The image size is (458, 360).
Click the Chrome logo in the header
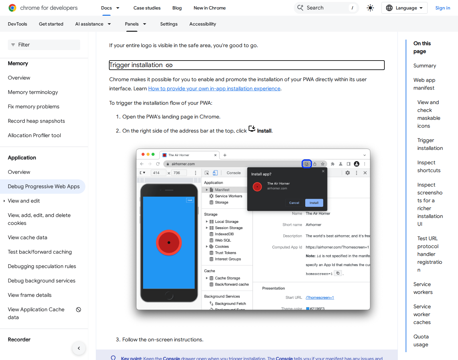pos(12,8)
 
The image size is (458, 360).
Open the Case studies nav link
pos(147,8)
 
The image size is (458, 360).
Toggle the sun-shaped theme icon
pos(370,8)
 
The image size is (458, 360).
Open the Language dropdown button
pos(404,8)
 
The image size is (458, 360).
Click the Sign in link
pos(443,8)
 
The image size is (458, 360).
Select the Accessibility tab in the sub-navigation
pos(203,24)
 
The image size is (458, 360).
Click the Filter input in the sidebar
pos(44,45)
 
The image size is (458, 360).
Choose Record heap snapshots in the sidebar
pos(36,121)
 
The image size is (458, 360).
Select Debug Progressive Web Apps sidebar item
pos(44,187)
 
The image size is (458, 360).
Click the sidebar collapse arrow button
pos(79,348)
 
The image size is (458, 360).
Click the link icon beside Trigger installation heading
pos(169,65)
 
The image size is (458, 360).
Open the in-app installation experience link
pos(214,89)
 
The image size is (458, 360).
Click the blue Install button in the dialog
pos(314,203)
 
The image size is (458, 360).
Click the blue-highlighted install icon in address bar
pos(307,164)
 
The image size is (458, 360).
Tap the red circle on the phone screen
pos(169,243)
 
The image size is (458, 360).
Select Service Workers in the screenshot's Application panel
pos(228,196)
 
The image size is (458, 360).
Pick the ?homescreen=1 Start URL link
pos(320,297)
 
